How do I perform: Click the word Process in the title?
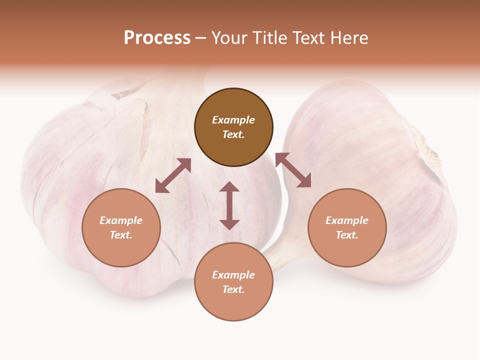(x=157, y=38)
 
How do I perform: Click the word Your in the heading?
(x=230, y=38)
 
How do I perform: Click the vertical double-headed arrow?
(x=229, y=205)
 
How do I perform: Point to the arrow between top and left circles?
(x=173, y=175)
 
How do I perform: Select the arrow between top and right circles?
(x=293, y=170)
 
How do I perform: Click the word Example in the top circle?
(x=233, y=120)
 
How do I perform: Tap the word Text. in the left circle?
(x=121, y=235)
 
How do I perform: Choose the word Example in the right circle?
(x=347, y=220)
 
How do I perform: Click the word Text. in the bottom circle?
(x=233, y=289)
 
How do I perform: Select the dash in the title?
(x=201, y=38)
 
